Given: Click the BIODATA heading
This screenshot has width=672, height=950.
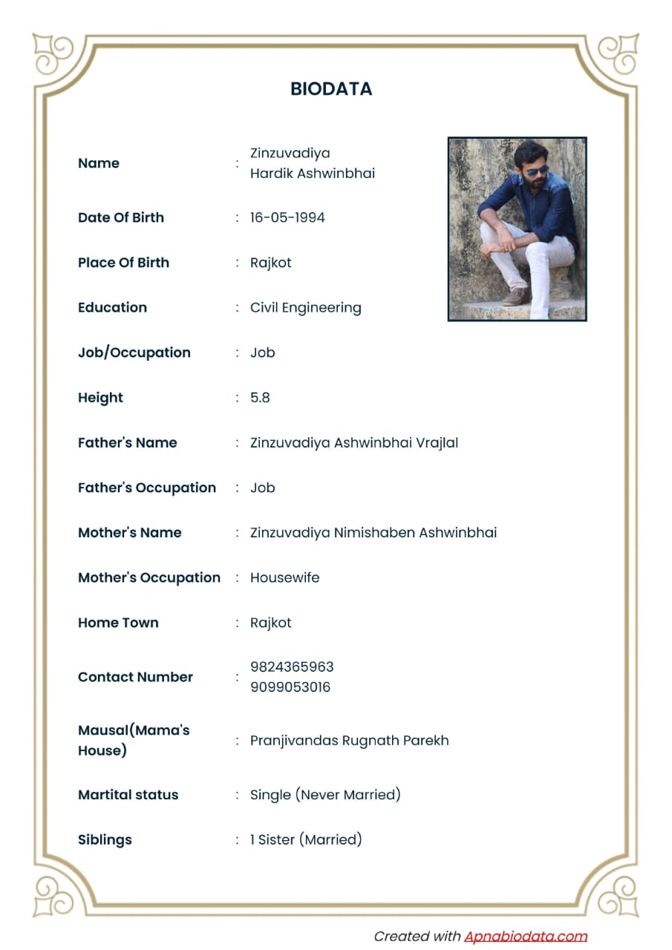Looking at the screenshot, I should point(331,89).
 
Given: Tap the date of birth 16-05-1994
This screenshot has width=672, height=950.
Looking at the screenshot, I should point(287,217).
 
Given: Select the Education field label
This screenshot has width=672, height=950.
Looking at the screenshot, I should point(112,307).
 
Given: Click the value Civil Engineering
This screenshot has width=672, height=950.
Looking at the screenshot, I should point(305,307).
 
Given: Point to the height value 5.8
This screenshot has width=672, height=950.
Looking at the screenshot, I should point(260,398).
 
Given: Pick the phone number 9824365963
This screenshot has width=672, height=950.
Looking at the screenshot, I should point(292,666).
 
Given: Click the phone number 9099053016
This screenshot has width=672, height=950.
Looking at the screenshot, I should point(290,687).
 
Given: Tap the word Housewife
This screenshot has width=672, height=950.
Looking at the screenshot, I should point(284,577).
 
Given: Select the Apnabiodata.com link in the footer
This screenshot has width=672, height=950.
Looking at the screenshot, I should point(526,936).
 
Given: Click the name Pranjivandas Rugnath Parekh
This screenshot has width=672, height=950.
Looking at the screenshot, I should point(349,740).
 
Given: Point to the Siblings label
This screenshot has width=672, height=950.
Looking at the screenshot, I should point(105,839).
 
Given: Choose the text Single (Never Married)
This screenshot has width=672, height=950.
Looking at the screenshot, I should point(325,794).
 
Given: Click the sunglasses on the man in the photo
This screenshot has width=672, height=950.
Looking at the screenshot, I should point(536,171).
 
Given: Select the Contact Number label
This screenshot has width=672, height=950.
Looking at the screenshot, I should point(135,677).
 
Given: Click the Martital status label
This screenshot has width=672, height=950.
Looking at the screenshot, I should point(128,794).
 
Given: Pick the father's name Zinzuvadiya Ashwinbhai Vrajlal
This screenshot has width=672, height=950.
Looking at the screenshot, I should point(353,442).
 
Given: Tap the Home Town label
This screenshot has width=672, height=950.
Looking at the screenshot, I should point(118,623).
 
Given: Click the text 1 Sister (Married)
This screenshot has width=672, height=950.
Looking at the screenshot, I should point(306,839).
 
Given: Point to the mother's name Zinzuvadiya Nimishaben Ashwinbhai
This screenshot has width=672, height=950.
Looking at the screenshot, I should point(373,532).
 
